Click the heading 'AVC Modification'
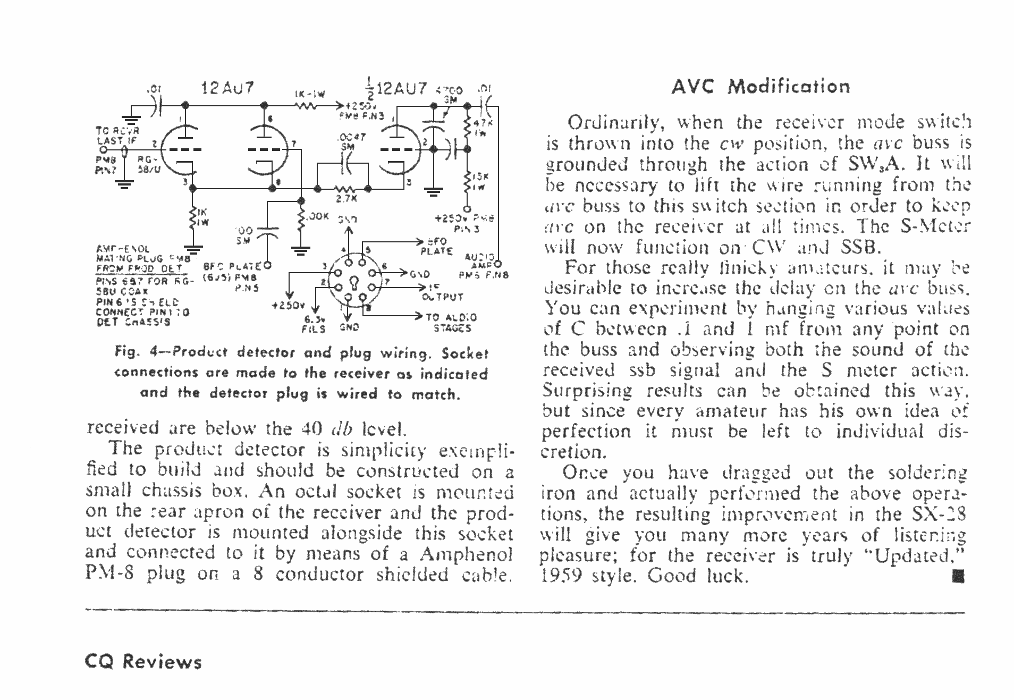760,86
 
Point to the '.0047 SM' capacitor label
351,140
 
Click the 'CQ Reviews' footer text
143,662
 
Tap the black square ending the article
958,576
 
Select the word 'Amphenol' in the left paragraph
466,554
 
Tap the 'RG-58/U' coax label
148,164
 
